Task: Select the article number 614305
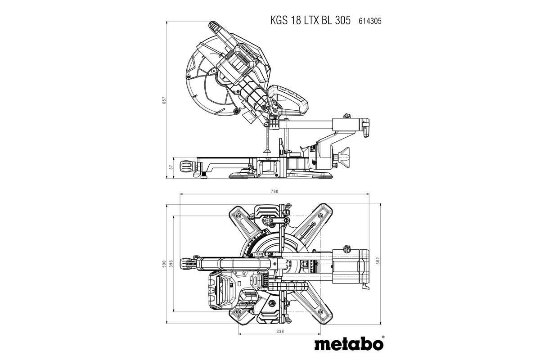click(370, 21)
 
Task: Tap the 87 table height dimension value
click(171, 167)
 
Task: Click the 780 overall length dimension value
click(274, 191)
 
